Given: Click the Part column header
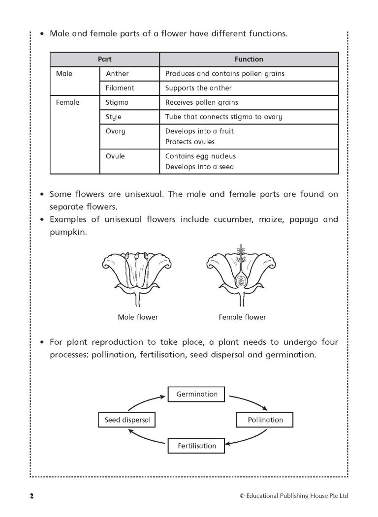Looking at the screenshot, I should (104, 59).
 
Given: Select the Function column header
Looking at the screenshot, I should (249, 59).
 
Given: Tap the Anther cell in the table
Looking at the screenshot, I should (117, 74).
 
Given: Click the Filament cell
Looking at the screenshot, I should (120, 88).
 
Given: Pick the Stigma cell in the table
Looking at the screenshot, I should (117, 102).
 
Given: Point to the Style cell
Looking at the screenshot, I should (114, 117).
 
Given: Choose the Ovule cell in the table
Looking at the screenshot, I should (115, 156).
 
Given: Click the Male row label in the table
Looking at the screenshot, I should (64, 74).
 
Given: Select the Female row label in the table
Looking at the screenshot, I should (68, 102).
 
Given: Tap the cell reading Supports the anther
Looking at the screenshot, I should (198, 88).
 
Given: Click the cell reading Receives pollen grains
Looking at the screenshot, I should (201, 102).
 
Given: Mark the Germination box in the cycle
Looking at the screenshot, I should (196, 394).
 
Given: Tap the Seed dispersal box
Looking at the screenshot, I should (127, 420).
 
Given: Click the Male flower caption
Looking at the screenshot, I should (138, 317).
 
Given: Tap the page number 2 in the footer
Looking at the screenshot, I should (31, 495).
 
